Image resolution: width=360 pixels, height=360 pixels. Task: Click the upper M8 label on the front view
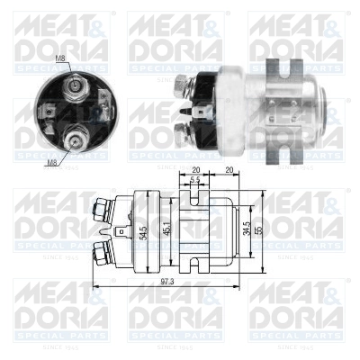pyautogui.click(x=60, y=59)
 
